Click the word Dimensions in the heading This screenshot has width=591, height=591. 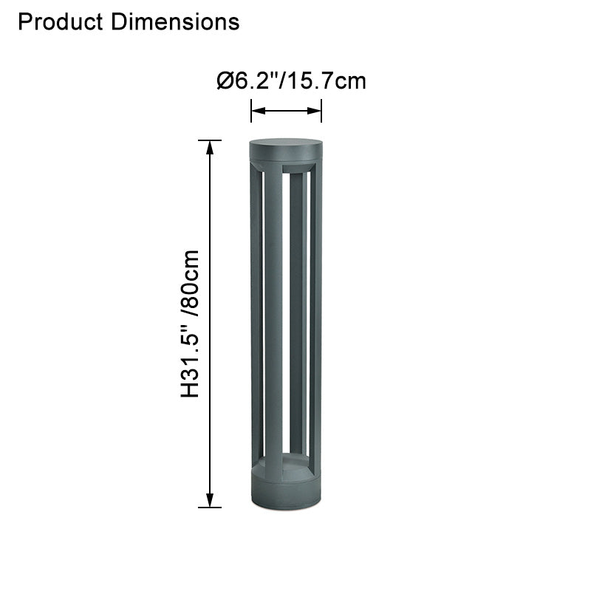[x=175, y=22]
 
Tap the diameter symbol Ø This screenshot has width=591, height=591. [x=225, y=81]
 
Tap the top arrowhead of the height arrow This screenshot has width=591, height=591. [x=211, y=146]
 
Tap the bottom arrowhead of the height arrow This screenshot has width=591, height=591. [x=211, y=501]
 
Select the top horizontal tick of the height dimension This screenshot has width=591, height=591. [x=211, y=140]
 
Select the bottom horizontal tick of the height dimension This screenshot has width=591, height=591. [x=211, y=508]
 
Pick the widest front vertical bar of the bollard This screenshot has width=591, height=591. [x=273, y=318]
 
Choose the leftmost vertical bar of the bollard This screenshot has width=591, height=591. [x=256, y=318]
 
